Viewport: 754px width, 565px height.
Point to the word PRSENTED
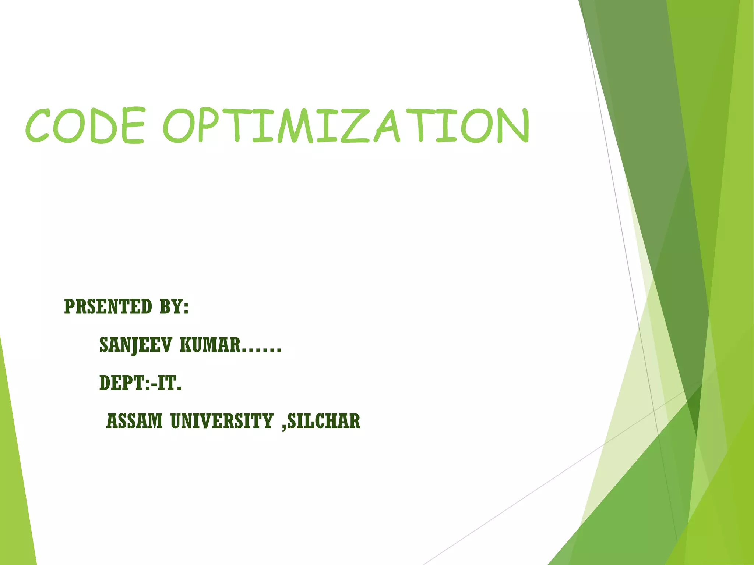(108, 307)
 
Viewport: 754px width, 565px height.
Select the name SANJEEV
(135, 345)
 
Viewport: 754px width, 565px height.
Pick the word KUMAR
(210, 345)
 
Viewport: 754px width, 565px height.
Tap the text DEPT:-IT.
(140, 383)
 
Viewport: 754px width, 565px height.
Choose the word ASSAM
(134, 421)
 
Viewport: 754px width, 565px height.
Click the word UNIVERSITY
(222, 421)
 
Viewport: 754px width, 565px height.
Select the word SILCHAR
(324, 421)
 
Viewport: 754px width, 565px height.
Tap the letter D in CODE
(99, 126)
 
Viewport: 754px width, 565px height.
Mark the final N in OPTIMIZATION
(512, 126)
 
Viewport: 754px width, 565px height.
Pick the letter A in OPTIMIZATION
(387, 126)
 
